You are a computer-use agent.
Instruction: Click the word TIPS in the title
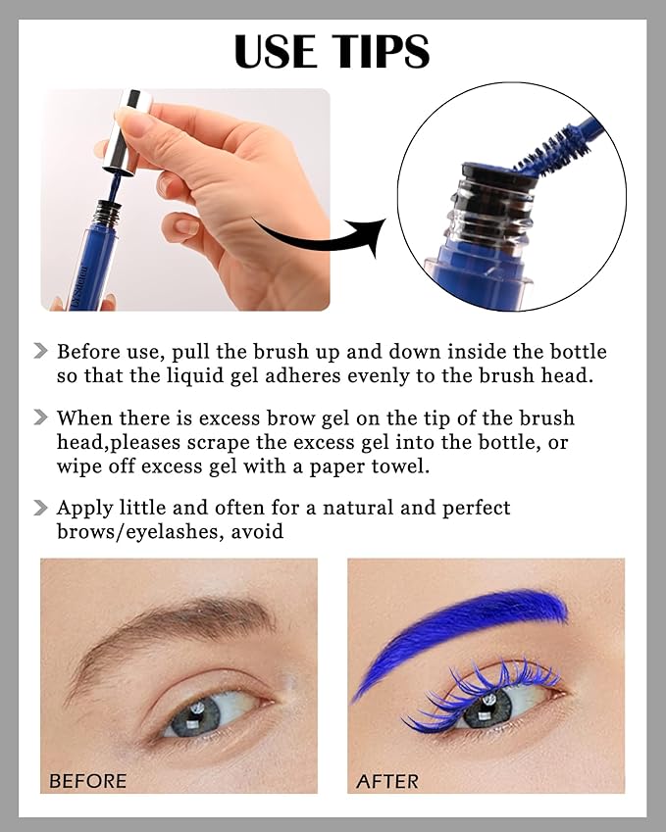(x=381, y=52)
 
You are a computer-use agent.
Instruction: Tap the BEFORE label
(x=88, y=781)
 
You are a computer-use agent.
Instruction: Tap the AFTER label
(x=387, y=781)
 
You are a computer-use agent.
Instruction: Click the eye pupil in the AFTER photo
(x=487, y=705)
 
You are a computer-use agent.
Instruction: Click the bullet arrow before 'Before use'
(x=40, y=351)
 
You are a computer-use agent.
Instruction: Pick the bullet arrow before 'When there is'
(x=40, y=417)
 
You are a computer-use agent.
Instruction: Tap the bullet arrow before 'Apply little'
(x=40, y=508)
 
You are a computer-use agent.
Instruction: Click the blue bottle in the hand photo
(x=96, y=260)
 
